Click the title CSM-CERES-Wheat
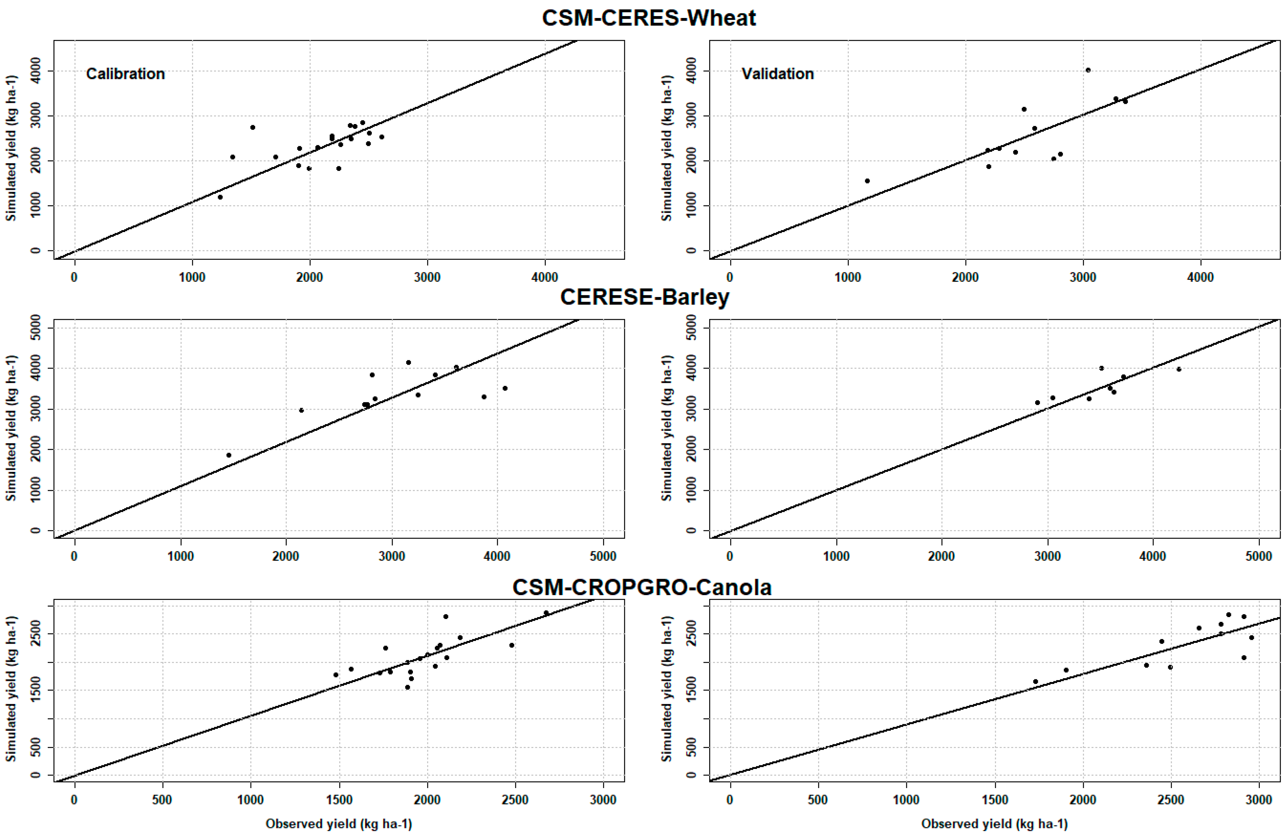(649, 18)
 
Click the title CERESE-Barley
(644, 297)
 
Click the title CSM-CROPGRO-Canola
(642, 587)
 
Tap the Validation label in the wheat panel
(777, 74)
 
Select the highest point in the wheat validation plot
(1088, 70)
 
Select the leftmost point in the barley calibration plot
(229, 455)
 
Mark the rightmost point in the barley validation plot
(1179, 369)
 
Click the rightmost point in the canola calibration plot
(546, 613)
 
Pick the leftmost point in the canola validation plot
(1035, 682)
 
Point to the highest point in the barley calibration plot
(409, 362)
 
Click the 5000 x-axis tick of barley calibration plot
(602, 556)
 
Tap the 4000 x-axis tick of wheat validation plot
(1200, 277)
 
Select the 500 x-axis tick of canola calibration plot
(162, 800)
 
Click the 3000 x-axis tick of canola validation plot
(1259, 800)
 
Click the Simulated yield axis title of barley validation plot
(667, 427)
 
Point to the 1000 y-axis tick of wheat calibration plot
(36, 205)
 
